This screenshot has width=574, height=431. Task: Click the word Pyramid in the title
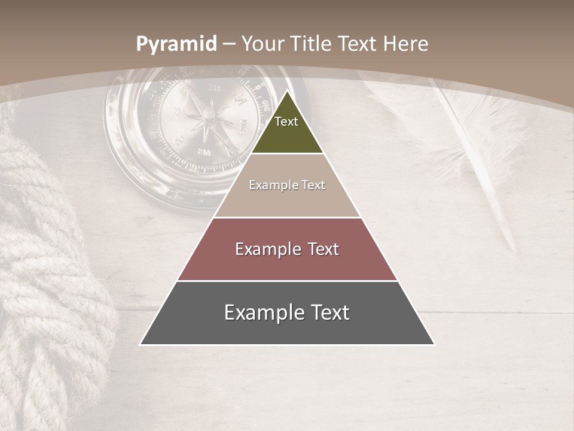[176, 44]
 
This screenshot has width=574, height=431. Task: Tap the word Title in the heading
[311, 44]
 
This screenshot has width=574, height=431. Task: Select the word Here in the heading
[406, 44]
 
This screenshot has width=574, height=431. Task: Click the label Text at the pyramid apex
[286, 122]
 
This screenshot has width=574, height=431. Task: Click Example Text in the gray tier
[287, 312]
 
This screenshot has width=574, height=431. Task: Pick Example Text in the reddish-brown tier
[287, 249]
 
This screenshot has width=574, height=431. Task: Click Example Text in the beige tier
[287, 185]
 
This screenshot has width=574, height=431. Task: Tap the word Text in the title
[358, 44]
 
